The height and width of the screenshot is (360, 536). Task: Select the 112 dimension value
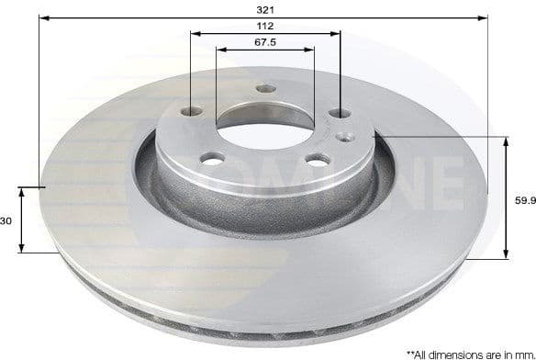coord(264,26)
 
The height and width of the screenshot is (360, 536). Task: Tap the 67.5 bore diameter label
coord(264,42)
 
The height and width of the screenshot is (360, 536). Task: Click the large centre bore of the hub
coord(264,119)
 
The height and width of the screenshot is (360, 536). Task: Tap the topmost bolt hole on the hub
coord(266,89)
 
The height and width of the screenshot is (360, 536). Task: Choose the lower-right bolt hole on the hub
coord(317,160)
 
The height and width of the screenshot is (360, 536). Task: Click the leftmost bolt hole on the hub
coord(193,111)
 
